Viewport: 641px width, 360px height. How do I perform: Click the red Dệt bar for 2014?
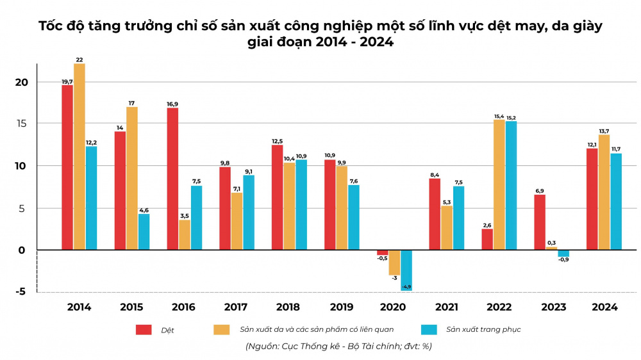click(67, 167)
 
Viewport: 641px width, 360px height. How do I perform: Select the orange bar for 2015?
click(132, 178)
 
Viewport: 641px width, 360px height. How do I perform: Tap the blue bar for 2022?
click(511, 185)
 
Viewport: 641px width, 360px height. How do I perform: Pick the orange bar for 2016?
click(185, 234)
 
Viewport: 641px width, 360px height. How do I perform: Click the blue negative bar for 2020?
click(406, 270)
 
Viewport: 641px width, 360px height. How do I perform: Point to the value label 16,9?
click(172, 102)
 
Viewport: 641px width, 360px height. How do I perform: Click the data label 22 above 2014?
click(79, 60)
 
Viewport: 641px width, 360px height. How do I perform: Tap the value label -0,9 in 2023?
click(563, 260)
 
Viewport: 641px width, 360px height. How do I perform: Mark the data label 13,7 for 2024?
click(604, 130)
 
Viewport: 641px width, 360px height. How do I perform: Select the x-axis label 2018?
click(289, 307)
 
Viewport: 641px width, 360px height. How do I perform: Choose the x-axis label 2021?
click(447, 307)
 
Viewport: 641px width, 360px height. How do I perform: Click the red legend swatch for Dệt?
click(144, 330)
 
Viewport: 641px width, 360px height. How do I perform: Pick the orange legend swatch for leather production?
click(221, 330)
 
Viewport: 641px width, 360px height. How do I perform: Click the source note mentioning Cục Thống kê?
click(339, 347)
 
